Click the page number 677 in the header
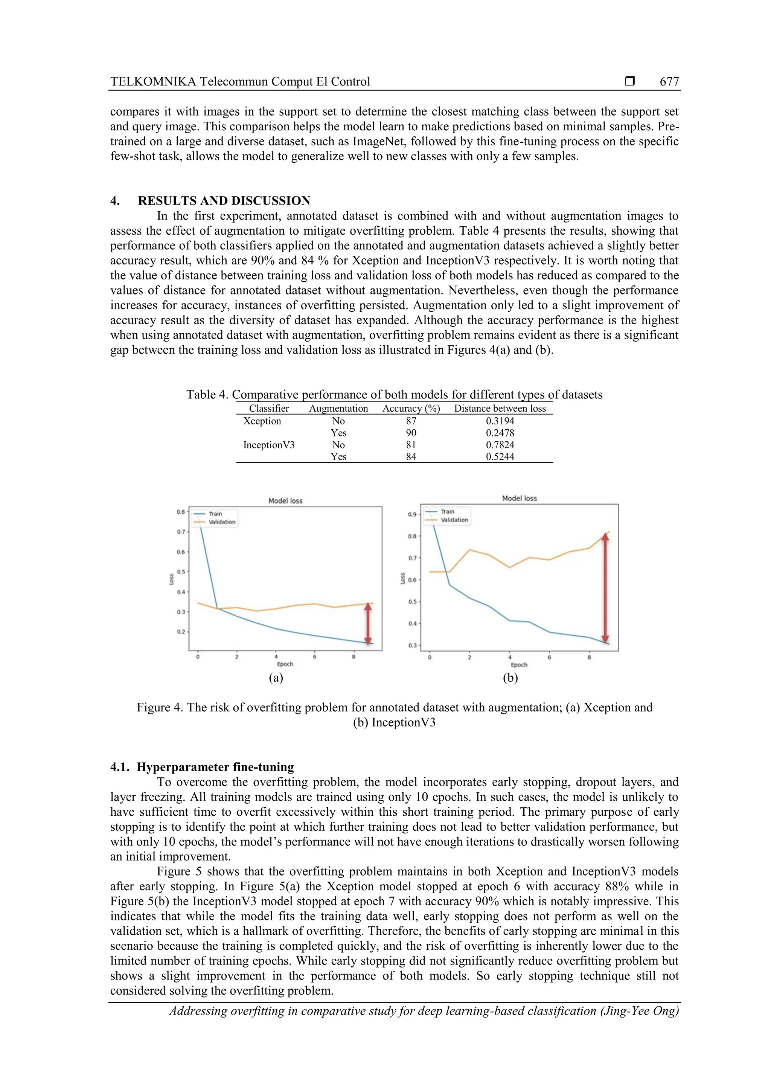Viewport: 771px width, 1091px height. pos(669,82)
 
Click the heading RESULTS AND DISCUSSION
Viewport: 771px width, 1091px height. pos(224,200)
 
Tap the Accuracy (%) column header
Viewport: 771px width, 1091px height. pos(411,409)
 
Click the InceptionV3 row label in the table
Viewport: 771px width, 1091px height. pos(269,445)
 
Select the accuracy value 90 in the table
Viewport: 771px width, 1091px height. pos(411,433)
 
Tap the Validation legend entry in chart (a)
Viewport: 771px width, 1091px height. pos(221,522)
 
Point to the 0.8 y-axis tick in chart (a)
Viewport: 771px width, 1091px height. pos(181,512)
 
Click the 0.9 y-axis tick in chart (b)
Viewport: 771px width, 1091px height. pos(412,514)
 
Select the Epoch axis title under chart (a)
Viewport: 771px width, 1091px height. pos(285,664)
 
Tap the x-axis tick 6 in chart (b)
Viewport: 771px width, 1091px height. pos(549,658)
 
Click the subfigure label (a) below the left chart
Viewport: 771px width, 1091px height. pos(276,677)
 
